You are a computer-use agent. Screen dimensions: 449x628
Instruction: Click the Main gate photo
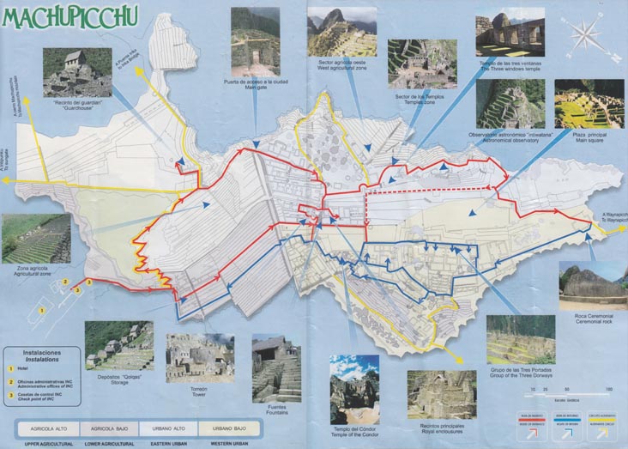click(254, 40)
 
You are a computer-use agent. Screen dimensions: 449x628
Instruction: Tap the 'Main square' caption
click(589, 140)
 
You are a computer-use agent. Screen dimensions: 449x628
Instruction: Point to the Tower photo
click(199, 357)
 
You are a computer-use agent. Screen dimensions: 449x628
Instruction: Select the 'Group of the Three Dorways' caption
click(521, 377)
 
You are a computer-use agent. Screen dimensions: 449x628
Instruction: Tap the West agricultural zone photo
click(341, 32)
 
